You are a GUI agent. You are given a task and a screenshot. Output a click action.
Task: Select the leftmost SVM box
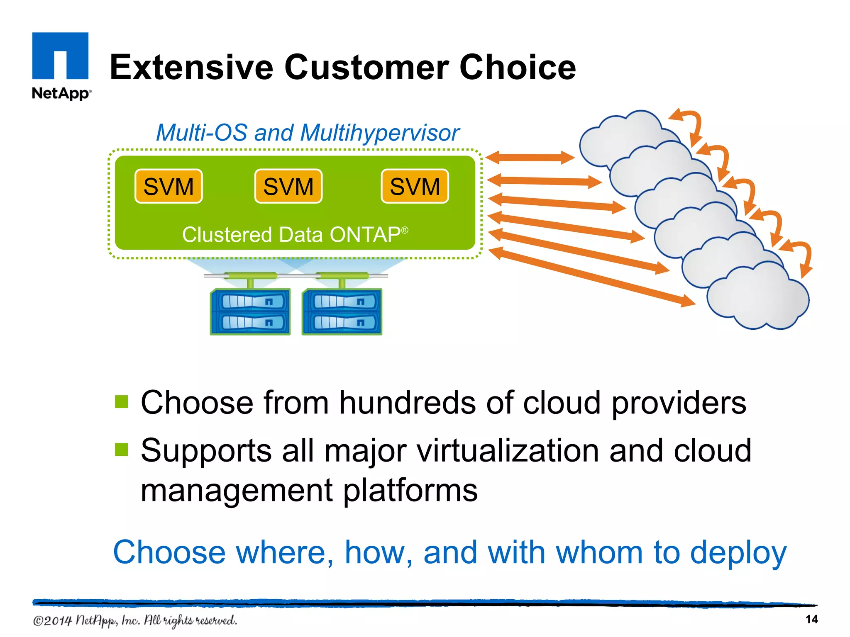tap(169, 186)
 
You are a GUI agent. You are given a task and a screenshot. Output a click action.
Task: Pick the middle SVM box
tap(288, 186)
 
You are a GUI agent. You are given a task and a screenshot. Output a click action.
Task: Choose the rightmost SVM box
tap(415, 186)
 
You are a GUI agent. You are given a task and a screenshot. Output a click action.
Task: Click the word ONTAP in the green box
tap(365, 235)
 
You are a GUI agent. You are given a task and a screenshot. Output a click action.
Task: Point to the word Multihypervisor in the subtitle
tap(379, 133)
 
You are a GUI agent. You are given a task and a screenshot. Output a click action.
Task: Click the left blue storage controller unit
tap(250, 312)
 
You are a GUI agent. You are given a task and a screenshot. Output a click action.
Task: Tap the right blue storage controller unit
tap(342, 312)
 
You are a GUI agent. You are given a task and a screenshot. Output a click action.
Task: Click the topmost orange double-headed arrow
tap(530, 158)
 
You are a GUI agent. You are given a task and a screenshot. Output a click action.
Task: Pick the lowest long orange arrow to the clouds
tap(591, 277)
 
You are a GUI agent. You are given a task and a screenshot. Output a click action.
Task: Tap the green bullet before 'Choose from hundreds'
tap(122, 402)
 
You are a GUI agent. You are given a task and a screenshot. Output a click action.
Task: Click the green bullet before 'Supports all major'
tap(122, 450)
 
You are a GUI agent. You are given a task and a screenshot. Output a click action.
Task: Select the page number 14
tap(811, 620)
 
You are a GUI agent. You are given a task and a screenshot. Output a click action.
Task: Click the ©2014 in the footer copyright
tap(52, 621)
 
